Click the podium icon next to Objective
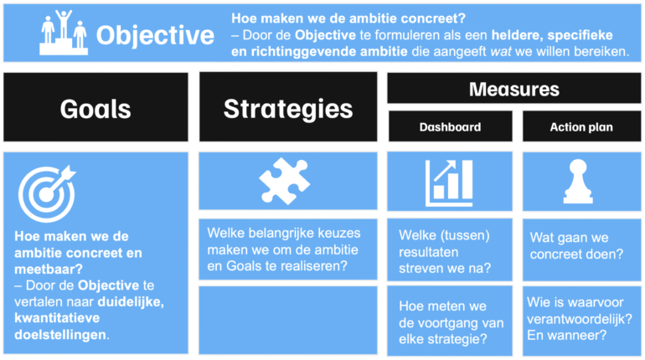click(64, 33)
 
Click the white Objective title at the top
click(155, 35)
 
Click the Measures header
click(513, 90)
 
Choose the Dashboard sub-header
click(450, 127)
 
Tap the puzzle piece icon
click(287, 182)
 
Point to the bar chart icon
click(449, 183)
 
